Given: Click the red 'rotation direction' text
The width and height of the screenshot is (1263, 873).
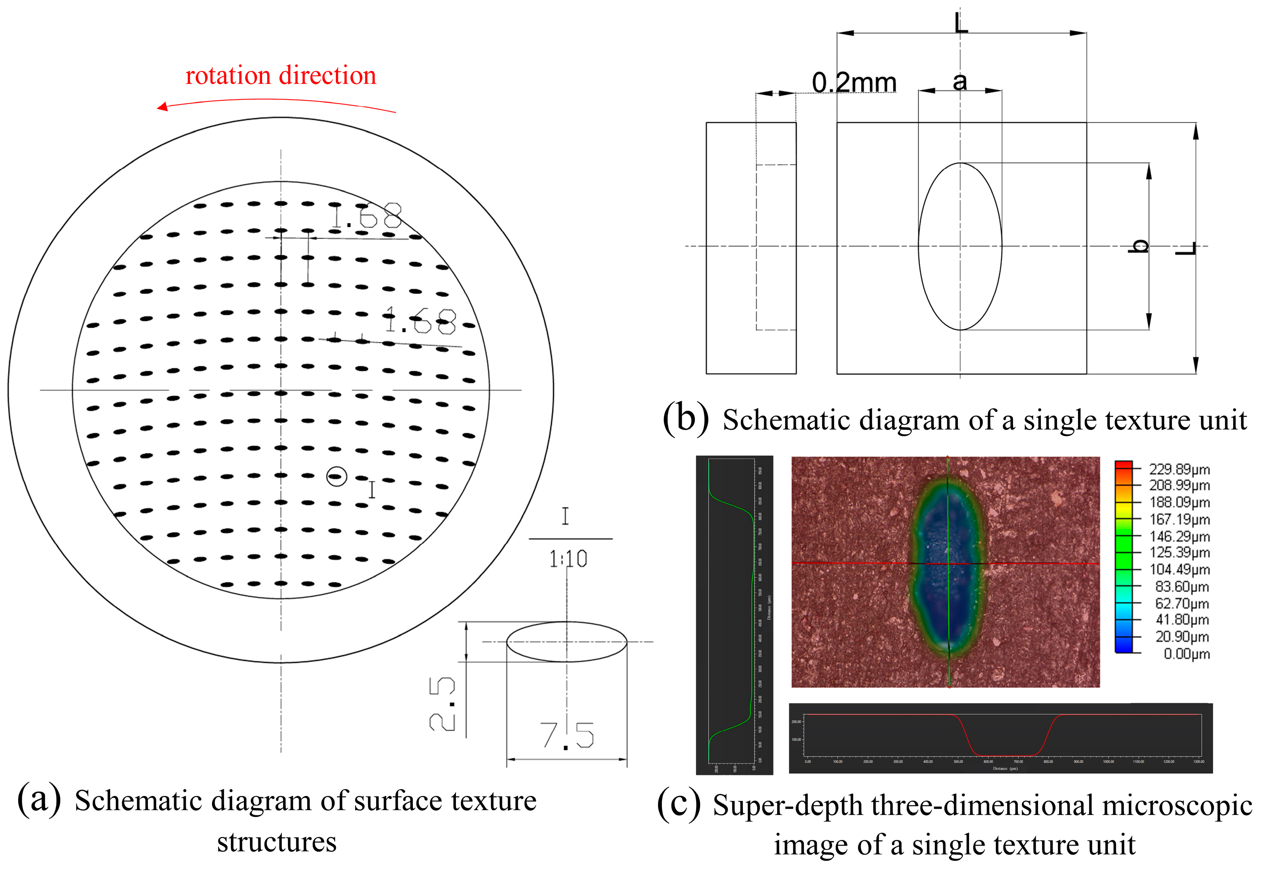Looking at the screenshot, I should (x=281, y=75).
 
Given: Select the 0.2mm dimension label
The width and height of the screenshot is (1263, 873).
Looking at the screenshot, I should (x=854, y=83).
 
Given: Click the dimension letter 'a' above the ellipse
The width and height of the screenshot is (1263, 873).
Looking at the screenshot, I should (x=959, y=82).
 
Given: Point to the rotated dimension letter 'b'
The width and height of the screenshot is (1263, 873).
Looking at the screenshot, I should (x=1139, y=246).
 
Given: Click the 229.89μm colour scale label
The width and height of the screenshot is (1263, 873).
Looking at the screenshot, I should (x=1179, y=469).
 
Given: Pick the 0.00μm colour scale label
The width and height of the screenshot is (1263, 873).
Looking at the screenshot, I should (x=1186, y=654).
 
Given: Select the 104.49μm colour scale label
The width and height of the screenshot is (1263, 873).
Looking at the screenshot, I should (x=1179, y=570).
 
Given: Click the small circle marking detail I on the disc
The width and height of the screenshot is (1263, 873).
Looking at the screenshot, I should (x=336, y=476).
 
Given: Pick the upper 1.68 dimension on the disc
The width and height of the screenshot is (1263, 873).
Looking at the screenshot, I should (x=366, y=216).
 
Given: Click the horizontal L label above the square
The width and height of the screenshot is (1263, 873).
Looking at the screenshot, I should (x=961, y=23).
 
